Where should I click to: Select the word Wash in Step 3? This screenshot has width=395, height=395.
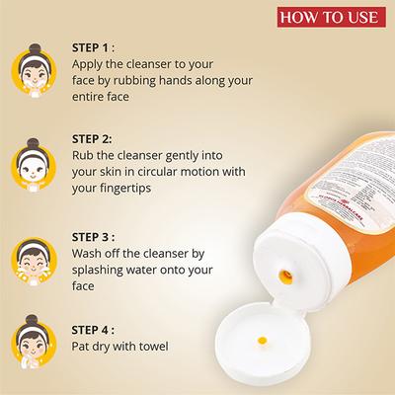[x=91, y=255]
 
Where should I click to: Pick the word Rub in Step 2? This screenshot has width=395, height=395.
[x=86, y=158]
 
